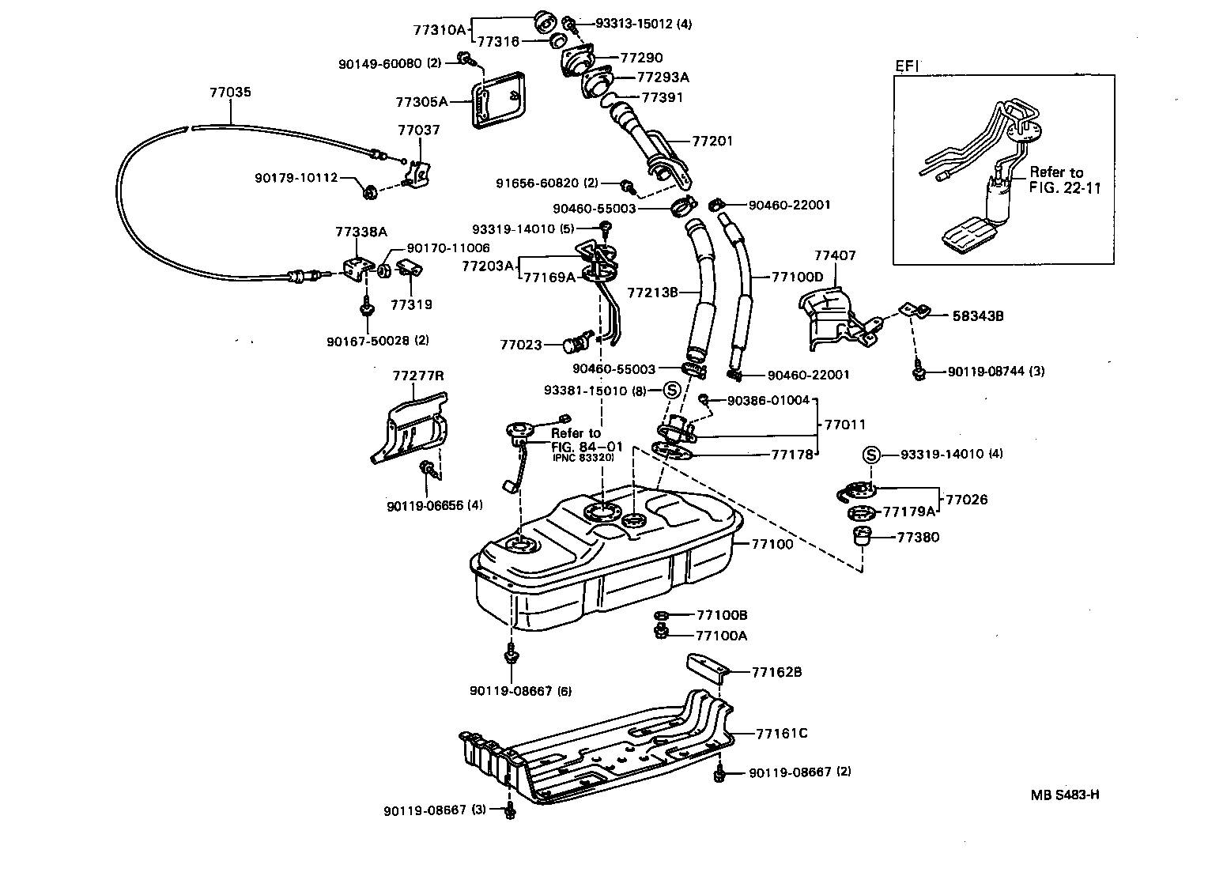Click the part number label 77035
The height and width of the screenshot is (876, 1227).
230,93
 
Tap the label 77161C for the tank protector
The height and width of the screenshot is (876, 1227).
781,733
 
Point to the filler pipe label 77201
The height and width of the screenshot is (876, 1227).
712,142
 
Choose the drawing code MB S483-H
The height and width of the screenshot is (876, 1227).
1064,795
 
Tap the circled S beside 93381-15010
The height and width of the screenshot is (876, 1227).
671,391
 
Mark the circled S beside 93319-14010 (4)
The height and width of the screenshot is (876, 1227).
870,455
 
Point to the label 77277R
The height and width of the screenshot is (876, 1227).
417,376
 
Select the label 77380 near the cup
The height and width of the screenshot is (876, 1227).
918,538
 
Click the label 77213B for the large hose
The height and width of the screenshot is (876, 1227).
652,293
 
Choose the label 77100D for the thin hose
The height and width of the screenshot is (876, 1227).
797,278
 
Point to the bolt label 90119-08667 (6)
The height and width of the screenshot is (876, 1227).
520,691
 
